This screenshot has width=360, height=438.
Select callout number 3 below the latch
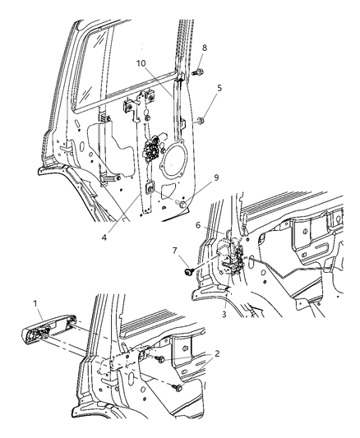224,314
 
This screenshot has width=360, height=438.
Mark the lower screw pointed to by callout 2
177,387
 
